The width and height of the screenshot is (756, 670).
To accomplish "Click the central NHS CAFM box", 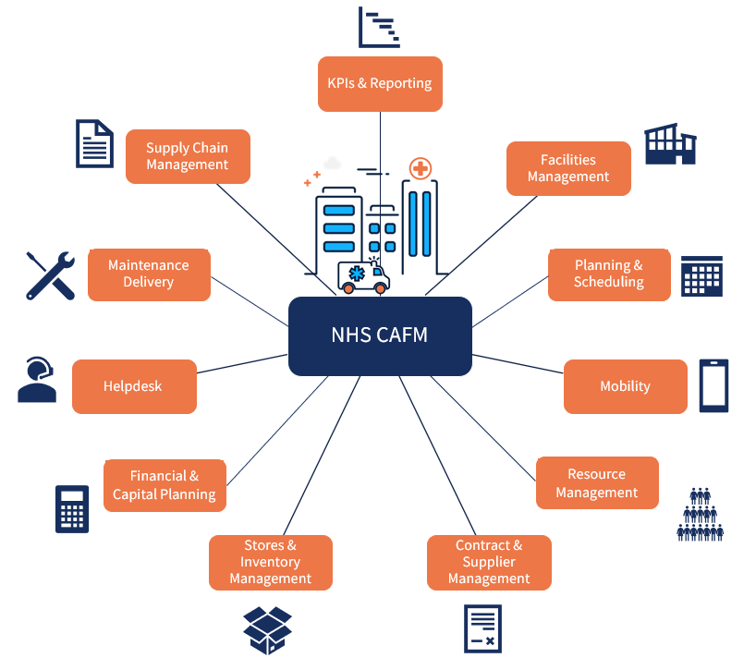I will coord(380,335).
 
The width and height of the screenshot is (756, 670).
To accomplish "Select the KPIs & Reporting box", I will coord(380,84).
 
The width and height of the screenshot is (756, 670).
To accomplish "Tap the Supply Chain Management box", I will coord(188,156).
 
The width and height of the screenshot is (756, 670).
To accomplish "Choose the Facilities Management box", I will coord(568,168).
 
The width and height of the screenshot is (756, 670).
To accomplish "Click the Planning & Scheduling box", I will coord(609,274).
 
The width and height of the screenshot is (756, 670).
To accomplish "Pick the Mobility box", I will coord(626,386).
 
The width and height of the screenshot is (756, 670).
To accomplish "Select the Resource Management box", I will coord(597,482).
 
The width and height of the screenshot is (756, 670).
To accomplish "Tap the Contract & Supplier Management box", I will coord(489,562).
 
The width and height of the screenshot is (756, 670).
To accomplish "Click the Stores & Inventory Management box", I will coord(270,562).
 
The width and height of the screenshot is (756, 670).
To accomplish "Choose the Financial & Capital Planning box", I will coord(165,485).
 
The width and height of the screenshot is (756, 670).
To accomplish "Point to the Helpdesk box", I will coord(134,386).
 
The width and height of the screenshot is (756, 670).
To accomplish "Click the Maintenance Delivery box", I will coord(149,274).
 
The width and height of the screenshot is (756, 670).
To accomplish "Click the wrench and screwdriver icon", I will coord(50,275).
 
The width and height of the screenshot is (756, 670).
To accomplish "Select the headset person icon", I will coord(37,380).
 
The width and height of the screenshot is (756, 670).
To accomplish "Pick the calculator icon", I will coord(72,508).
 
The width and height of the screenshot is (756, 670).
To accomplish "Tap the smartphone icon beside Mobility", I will coord(713,385).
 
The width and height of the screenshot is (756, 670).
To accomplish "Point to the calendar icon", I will coord(701,275).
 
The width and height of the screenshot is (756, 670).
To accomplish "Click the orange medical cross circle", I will coord(421,168).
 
